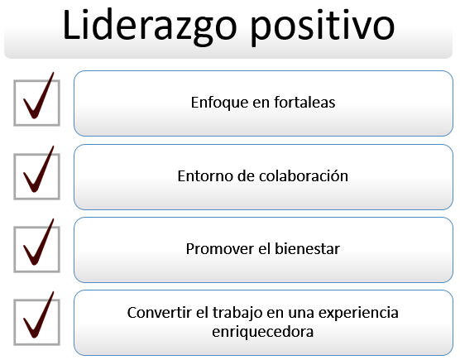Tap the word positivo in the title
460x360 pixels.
tap(323, 27)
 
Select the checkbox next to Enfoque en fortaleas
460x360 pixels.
tap(37, 103)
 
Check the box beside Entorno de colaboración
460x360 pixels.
tap(37, 176)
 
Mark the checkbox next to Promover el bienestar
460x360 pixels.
tap(37, 249)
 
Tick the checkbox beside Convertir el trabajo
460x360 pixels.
tap(37, 322)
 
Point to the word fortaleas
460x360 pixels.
tap(304, 103)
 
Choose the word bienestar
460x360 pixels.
tap(307, 249)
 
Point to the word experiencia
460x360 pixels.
tap(358, 313)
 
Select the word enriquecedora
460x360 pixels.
tap(263, 332)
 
